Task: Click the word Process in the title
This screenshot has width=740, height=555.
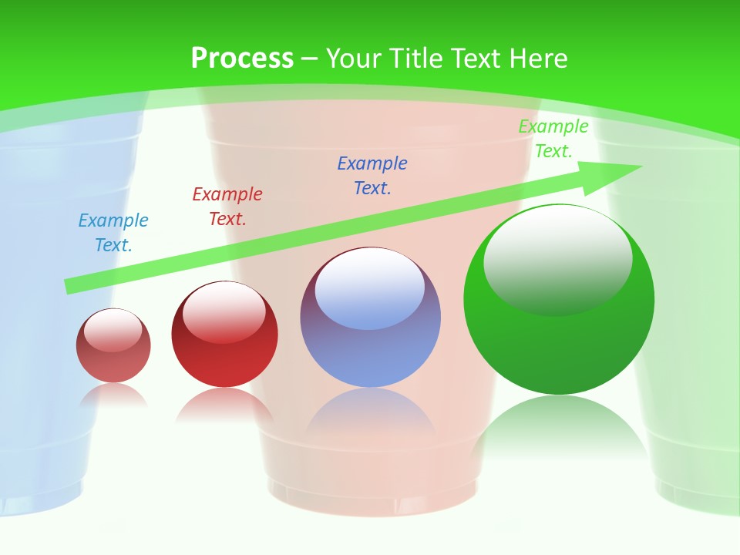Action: (x=242, y=59)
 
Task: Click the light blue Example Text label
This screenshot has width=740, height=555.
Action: (x=113, y=233)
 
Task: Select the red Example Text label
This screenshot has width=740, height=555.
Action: (x=227, y=207)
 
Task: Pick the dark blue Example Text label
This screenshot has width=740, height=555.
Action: (x=372, y=176)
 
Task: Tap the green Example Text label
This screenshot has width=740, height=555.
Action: (x=553, y=139)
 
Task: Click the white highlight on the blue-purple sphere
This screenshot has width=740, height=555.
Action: (x=370, y=287)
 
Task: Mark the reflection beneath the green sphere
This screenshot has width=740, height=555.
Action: (x=559, y=428)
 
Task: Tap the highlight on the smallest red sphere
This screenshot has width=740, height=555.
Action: (x=113, y=330)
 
